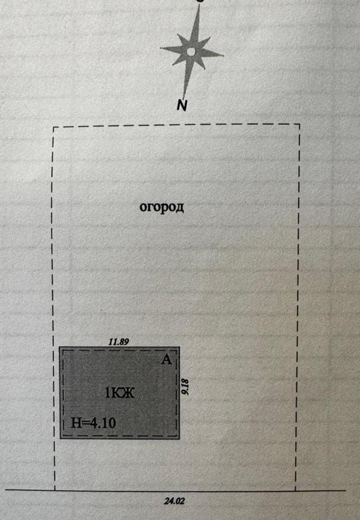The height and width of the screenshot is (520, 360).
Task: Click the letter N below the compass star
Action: click(182, 105)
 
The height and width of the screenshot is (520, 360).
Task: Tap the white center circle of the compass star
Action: click(191, 52)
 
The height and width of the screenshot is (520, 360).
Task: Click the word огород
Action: click(162, 207)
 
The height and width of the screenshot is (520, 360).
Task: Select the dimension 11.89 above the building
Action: click(118, 341)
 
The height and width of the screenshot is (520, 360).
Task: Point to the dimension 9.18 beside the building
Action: click(185, 387)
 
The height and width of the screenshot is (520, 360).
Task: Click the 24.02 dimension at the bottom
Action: click(174, 501)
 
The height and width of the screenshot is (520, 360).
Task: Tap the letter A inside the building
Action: click(166, 360)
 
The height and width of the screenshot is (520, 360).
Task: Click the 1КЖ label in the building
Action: click(119, 394)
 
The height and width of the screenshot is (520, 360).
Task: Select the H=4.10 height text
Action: click(94, 423)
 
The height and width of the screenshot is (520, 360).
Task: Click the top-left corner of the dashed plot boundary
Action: click(53, 127)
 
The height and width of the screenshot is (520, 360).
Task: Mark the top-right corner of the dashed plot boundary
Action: click(299, 125)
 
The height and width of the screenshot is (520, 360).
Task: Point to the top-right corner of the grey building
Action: click(179, 347)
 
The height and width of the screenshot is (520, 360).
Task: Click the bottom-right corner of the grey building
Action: click(179, 439)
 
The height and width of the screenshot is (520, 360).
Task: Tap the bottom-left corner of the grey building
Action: click(60, 439)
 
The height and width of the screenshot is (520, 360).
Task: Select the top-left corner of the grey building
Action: click(60, 347)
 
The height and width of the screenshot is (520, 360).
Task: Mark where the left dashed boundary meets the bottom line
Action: click(55, 490)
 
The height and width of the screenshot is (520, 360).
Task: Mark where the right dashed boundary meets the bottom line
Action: click(295, 490)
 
